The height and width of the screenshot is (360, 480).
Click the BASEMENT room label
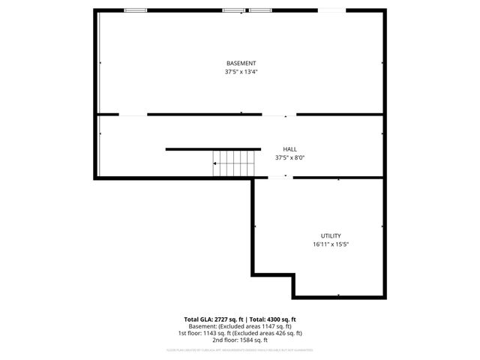pyautogui.click(x=241, y=63)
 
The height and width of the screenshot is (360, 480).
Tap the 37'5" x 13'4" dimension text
pyautogui.click(x=241, y=72)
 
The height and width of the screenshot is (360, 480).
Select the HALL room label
pyautogui.click(x=289, y=149)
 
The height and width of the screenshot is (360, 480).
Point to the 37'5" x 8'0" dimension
pyautogui.click(x=289, y=158)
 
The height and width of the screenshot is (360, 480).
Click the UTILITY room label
pyautogui.click(x=331, y=235)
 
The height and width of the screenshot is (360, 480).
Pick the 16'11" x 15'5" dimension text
pyautogui.click(x=331, y=244)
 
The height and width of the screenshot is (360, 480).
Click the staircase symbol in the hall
pyautogui.click(x=235, y=163)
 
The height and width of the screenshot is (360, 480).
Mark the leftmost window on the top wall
pyautogui.click(x=135, y=10)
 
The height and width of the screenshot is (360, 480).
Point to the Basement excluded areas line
pyautogui.click(x=240, y=327)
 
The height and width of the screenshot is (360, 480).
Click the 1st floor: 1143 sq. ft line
pyautogui.click(x=240, y=333)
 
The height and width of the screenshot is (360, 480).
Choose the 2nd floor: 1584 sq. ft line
pyautogui.click(x=240, y=340)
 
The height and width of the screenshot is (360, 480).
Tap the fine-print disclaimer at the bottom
pyautogui.click(x=240, y=349)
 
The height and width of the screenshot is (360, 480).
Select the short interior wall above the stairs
pyautogui.click(x=213, y=148)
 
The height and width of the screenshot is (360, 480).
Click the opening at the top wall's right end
pyautogui.click(x=332, y=10)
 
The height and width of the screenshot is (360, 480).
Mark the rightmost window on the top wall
pyautogui.click(x=259, y=10)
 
